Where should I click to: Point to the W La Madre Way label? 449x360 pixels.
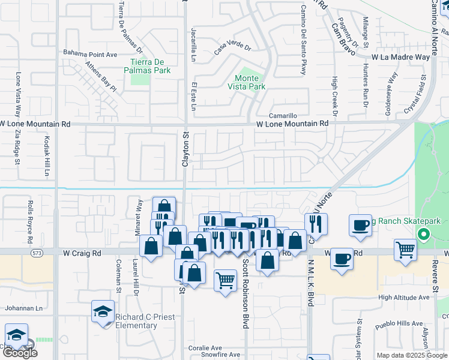click(400, 57)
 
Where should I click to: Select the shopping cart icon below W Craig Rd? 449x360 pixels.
click(225, 279)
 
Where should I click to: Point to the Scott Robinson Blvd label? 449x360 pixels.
click(245, 294)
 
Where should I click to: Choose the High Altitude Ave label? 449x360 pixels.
click(404, 298)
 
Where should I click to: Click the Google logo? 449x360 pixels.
click(20, 352)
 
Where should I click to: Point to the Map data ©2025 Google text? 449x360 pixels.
click(411, 355)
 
